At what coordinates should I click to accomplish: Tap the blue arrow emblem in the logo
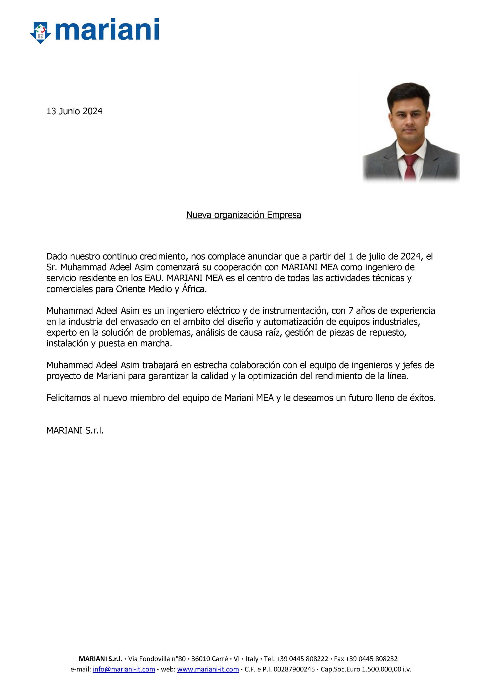click(41, 32)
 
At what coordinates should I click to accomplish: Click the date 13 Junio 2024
click(74, 112)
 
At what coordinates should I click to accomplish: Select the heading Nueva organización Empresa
click(244, 215)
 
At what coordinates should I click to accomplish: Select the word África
click(195, 289)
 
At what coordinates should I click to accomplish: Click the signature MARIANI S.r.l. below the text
click(75, 431)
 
